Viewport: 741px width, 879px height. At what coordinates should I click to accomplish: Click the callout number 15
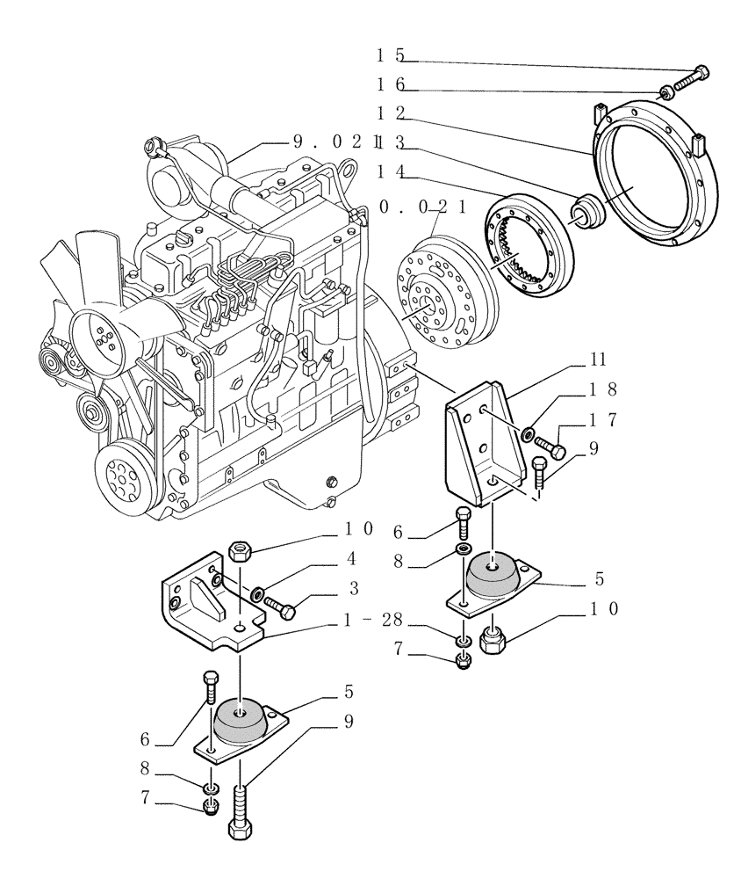(x=390, y=55)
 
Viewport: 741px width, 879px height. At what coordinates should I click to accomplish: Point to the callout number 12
(x=390, y=113)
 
